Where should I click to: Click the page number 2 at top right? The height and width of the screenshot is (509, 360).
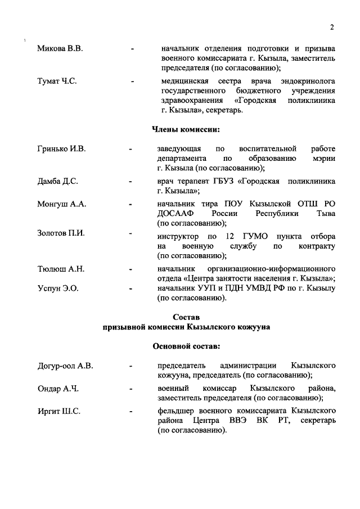332,28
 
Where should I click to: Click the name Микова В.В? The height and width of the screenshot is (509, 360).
60,49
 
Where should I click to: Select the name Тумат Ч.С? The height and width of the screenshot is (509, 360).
57,81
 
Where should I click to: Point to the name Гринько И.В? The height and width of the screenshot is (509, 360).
61,149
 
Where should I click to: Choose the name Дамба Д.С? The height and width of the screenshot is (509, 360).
57,182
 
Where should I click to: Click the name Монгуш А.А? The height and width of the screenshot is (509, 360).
61,205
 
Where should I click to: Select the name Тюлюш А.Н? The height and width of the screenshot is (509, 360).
61,269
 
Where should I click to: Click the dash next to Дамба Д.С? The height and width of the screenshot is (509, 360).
130,182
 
